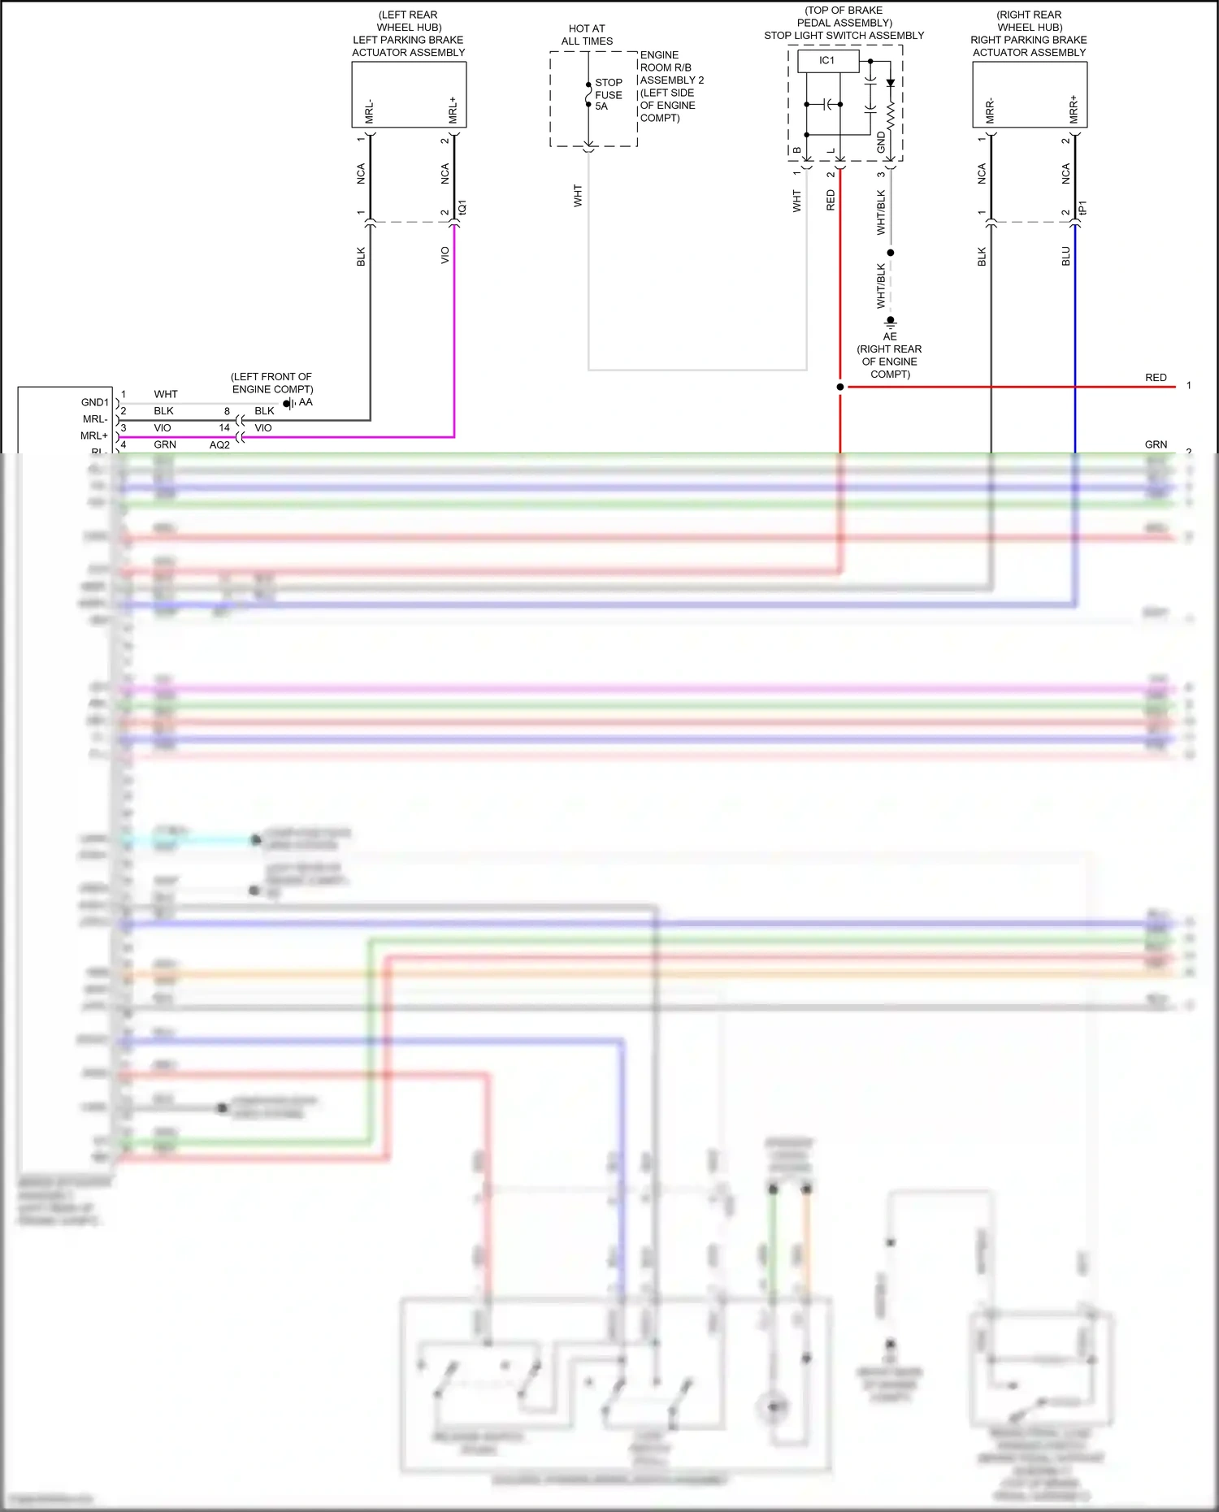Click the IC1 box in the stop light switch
[x=827, y=61]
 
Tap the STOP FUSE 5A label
[x=608, y=94]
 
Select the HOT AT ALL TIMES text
[x=587, y=35]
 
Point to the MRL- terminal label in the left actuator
[x=369, y=111]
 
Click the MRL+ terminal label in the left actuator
[x=453, y=110]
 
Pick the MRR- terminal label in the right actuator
[x=990, y=111]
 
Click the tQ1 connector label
[x=462, y=208]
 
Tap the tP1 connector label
[x=1082, y=208]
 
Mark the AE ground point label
[x=890, y=336]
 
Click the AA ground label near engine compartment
[x=306, y=402]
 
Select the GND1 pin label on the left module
[x=94, y=402]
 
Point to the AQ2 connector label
[x=219, y=445]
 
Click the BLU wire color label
[x=1066, y=257]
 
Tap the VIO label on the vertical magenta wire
[x=445, y=255]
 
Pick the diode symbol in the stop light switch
[x=891, y=83]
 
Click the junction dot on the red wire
[x=840, y=387]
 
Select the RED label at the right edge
[x=1156, y=378]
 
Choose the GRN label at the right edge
[x=1156, y=444]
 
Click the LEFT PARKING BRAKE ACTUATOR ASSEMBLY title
[x=409, y=46]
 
